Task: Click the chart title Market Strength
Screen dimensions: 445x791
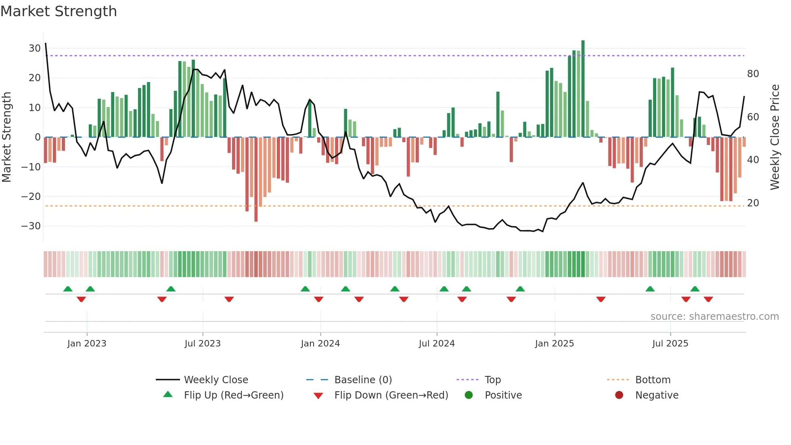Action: [x=59, y=11]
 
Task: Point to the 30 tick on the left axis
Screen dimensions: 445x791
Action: [x=35, y=48]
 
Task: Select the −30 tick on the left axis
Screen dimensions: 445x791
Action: [x=31, y=226]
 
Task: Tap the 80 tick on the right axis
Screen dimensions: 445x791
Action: [x=753, y=74]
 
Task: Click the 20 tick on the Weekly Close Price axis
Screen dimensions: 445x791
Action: [x=753, y=203]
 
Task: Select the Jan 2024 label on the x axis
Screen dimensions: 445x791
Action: [x=320, y=344]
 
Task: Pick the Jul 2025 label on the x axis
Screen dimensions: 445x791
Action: [x=670, y=344]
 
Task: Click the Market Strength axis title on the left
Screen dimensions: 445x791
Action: [x=6, y=137]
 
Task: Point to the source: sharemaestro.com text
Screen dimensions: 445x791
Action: [x=714, y=317]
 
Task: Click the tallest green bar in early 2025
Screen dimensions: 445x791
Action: [x=583, y=89]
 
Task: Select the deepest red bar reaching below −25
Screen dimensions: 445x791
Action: [x=256, y=180]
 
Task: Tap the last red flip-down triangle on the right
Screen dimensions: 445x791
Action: [x=708, y=299]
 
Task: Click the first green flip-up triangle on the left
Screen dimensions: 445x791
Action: [x=68, y=289]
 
